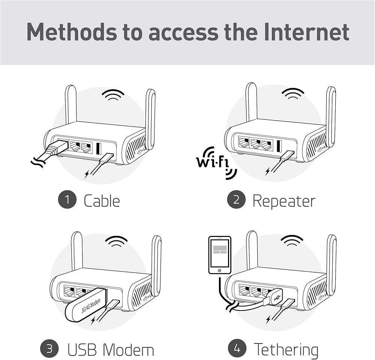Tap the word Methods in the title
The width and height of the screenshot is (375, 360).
pos(72,32)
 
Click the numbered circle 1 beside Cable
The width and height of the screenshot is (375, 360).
pos(67,199)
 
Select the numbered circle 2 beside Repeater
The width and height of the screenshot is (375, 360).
pos(236,199)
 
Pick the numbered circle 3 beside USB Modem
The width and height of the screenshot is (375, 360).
pos(49,348)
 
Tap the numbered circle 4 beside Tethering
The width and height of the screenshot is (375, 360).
pos(237,348)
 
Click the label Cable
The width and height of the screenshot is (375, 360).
pos(102,201)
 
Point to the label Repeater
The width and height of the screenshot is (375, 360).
pos(284,201)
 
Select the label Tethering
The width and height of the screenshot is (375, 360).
pos(286,350)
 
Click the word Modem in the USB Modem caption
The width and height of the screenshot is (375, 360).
pos(128,349)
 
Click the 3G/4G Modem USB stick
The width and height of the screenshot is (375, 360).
pos(85,305)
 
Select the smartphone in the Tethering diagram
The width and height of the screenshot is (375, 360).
pos(220,255)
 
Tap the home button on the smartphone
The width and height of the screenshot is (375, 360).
pos(219,270)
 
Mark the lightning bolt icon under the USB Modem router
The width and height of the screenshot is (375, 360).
pos(93,321)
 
